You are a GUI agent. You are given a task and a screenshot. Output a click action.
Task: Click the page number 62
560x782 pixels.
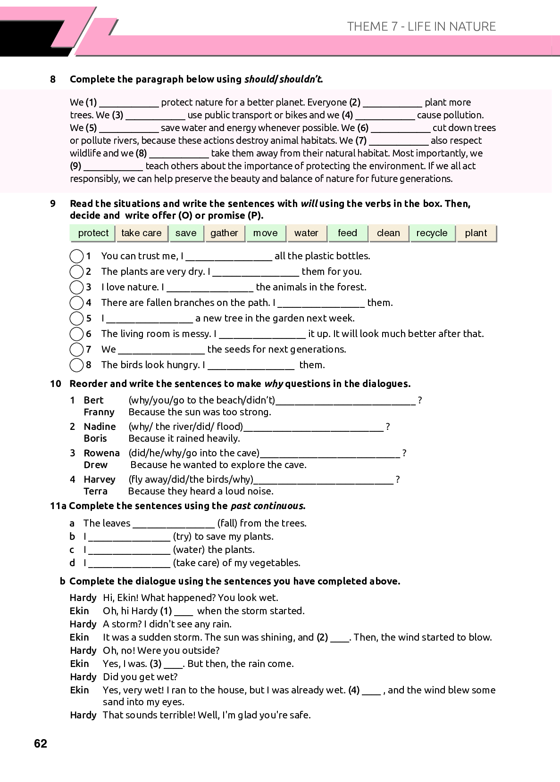pyautogui.click(x=41, y=743)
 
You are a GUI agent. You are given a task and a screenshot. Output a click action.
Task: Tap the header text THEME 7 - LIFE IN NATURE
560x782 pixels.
pyautogui.click(x=421, y=26)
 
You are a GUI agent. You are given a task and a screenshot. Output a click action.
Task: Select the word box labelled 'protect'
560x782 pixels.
pyautogui.click(x=93, y=233)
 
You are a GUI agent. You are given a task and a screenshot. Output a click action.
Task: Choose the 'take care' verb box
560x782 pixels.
pyautogui.click(x=141, y=233)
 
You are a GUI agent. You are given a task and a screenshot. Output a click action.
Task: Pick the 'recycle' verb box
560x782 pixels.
pyautogui.click(x=432, y=233)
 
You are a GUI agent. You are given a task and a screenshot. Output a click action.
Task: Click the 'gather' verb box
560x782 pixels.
pyautogui.click(x=224, y=233)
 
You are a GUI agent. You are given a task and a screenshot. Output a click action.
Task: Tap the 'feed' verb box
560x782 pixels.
pyautogui.click(x=347, y=233)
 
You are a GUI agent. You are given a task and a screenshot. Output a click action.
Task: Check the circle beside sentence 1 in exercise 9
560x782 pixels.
pyautogui.click(x=76, y=256)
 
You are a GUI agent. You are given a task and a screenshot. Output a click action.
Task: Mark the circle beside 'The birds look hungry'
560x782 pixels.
pyautogui.click(x=76, y=365)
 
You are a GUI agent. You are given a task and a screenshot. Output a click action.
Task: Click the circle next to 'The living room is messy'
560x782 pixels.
pyautogui.click(x=76, y=334)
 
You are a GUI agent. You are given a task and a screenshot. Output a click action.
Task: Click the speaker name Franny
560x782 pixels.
pyautogui.click(x=99, y=412)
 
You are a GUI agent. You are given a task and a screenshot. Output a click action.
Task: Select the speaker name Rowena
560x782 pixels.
pyautogui.click(x=101, y=453)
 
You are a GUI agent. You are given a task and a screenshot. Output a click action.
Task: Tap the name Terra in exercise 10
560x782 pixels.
pyautogui.click(x=95, y=491)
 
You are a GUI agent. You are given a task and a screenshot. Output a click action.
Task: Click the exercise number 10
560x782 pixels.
pyautogui.click(x=56, y=384)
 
